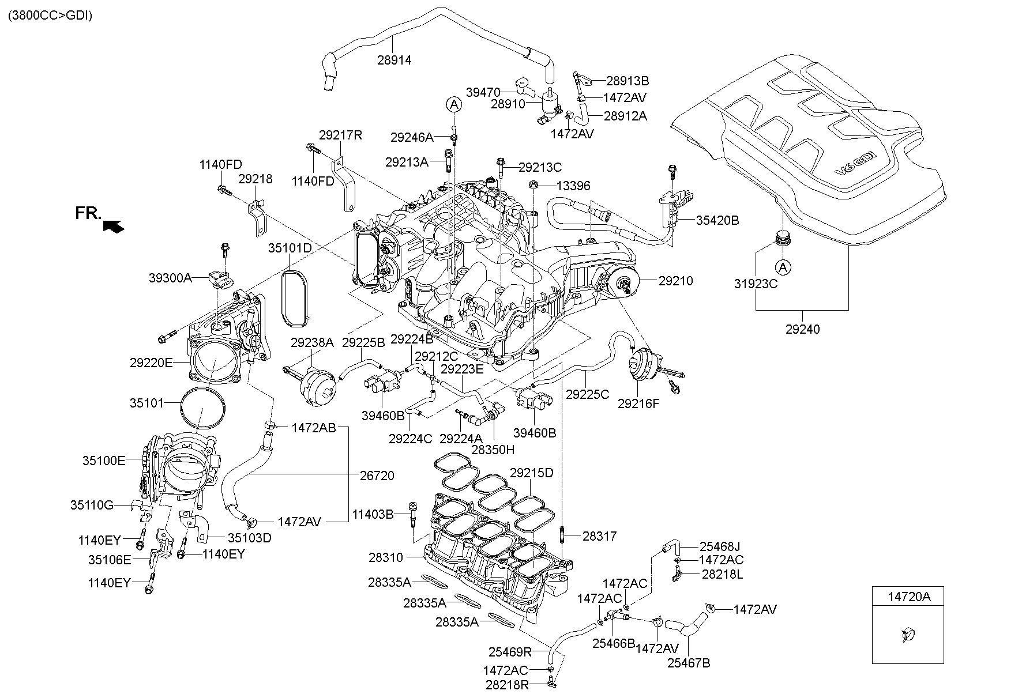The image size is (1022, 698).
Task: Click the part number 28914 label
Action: click(x=394, y=60)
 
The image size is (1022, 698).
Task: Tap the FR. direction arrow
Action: click(x=114, y=227)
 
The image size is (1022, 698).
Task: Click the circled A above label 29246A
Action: click(x=454, y=104)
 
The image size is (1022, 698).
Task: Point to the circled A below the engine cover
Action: click(x=782, y=267)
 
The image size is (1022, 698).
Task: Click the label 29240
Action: click(x=802, y=330)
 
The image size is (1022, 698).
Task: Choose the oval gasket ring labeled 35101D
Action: click(x=296, y=295)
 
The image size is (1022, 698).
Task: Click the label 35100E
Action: click(x=104, y=461)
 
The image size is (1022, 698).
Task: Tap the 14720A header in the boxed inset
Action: click(x=908, y=597)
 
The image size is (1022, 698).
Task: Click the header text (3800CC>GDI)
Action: click(x=50, y=16)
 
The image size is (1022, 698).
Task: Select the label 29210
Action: click(x=676, y=281)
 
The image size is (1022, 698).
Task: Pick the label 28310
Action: click(x=386, y=558)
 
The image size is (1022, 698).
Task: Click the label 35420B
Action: click(x=717, y=220)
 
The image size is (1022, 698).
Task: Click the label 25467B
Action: click(x=689, y=663)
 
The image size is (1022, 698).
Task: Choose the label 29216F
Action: click(x=638, y=403)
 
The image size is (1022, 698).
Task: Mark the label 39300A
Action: click(x=170, y=278)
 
